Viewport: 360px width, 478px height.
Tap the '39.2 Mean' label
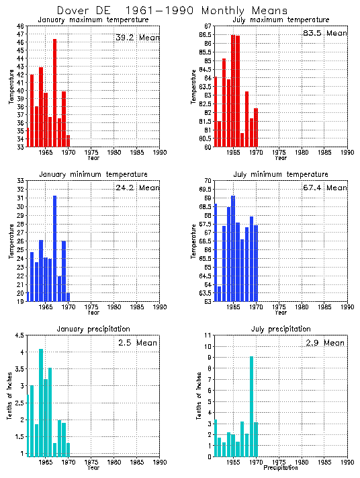pos(137,38)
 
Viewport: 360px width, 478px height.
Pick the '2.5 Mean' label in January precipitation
pos(137,343)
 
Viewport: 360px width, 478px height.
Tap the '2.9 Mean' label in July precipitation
pos(324,343)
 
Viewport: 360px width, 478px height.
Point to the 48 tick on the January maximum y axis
pos(21,26)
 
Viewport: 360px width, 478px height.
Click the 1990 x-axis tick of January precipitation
pos(159,463)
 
